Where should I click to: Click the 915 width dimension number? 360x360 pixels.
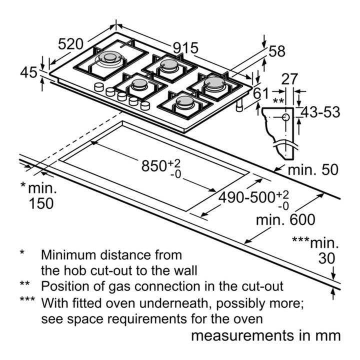[185, 48]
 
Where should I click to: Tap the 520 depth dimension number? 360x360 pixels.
[70, 44]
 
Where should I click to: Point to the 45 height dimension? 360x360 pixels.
[28, 72]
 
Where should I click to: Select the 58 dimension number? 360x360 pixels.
[277, 51]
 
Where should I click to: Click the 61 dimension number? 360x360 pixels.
[260, 93]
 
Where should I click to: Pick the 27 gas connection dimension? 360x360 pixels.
[289, 79]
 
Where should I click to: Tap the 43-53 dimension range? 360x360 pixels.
[320, 112]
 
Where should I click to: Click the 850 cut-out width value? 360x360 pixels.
[153, 166]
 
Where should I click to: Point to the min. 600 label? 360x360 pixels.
[285, 219]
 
